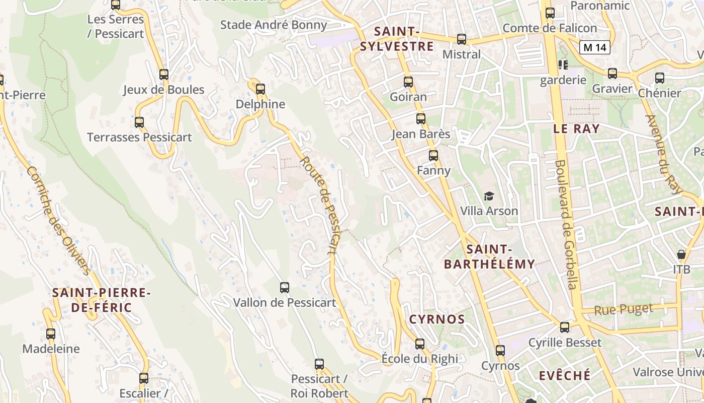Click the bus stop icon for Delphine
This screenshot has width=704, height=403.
pyautogui.click(x=260, y=89)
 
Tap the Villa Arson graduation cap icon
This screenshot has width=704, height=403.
pyautogui.click(x=489, y=196)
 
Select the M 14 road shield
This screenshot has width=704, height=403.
pyautogui.click(x=595, y=48)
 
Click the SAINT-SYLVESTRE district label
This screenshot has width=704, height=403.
pyautogui.click(x=397, y=39)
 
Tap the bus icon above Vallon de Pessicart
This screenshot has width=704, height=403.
pyautogui.click(x=285, y=288)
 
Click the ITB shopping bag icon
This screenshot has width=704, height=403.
pyautogui.click(x=681, y=254)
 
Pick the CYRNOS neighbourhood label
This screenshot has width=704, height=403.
pyautogui.click(x=437, y=319)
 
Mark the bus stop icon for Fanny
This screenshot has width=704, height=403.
pyautogui.click(x=433, y=156)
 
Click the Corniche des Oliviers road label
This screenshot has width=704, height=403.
pyautogui.click(x=59, y=221)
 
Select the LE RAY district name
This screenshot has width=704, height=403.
pyautogui.click(x=576, y=128)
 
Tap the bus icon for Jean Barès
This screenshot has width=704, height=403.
pyautogui.click(x=421, y=119)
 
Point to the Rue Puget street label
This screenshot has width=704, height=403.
pyautogui.click(x=624, y=309)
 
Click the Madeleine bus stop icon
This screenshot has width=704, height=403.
pyautogui.click(x=51, y=333)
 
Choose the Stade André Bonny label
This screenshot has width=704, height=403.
pyautogui.click(x=274, y=25)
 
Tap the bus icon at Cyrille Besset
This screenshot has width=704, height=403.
pyautogui.click(x=565, y=327)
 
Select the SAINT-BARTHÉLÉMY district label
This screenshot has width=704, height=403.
pyautogui.click(x=489, y=256)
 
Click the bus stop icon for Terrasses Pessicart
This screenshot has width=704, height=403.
pyautogui.click(x=139, y=122)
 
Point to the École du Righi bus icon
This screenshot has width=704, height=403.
pyautogui.click(x=420, y=344)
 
